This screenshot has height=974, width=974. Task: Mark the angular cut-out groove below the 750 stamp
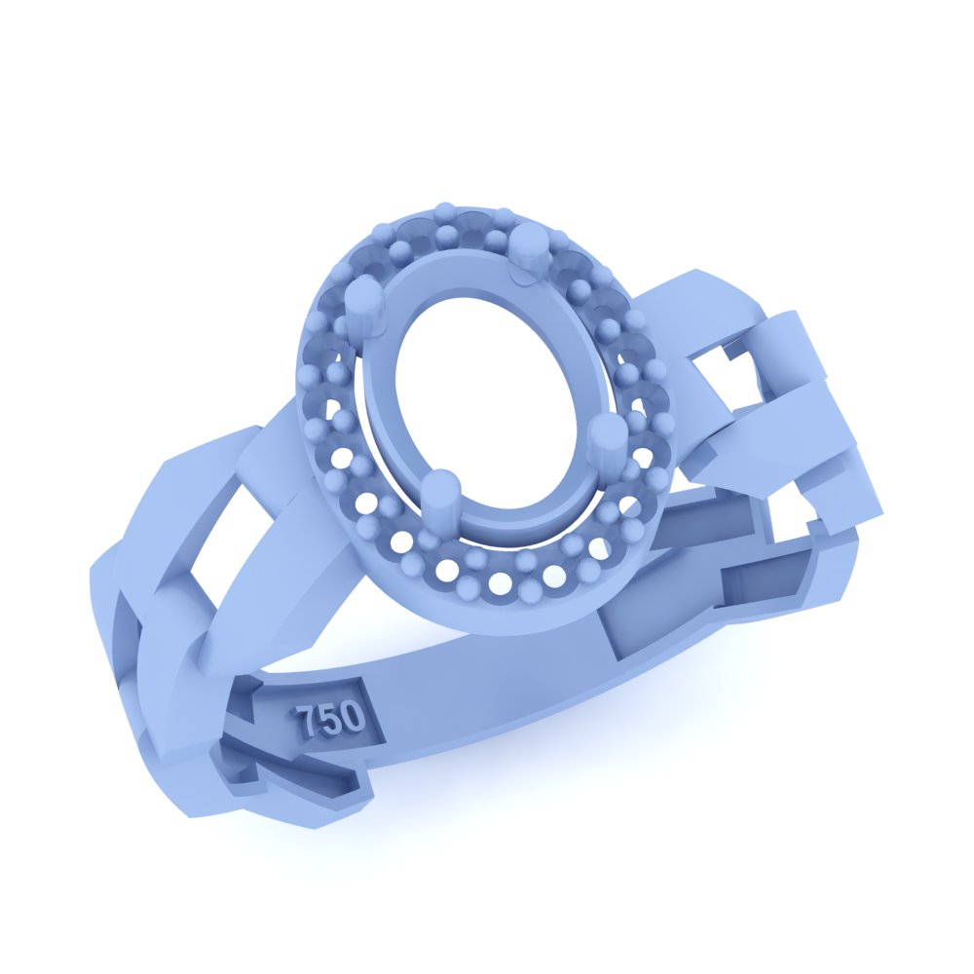coord(302,779)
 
